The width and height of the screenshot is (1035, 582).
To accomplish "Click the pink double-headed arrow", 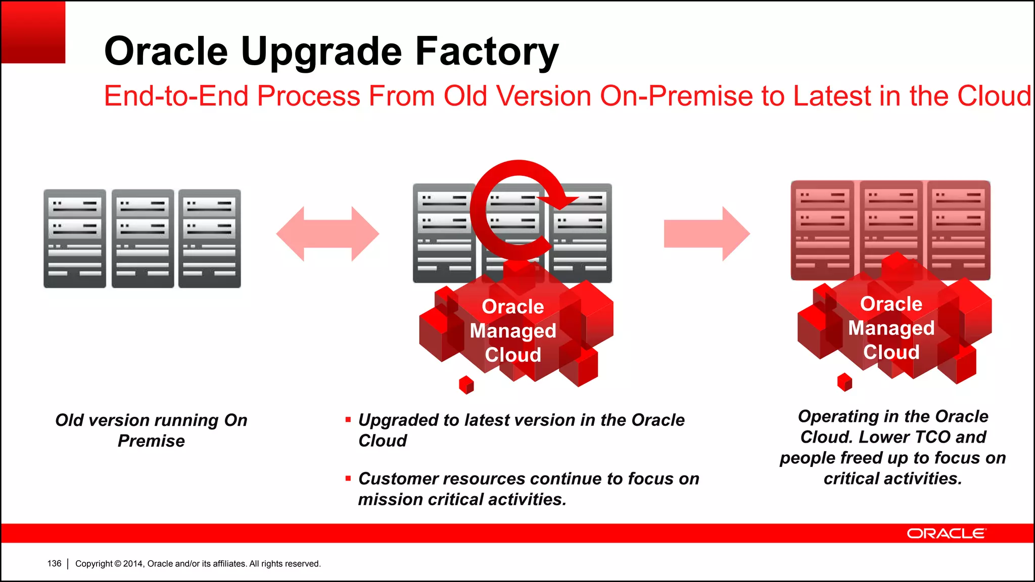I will [x=327, y=233].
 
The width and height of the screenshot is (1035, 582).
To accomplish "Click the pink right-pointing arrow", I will [x=706, y=233].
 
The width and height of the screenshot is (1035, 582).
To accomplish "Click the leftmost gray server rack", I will [x=75, y=238].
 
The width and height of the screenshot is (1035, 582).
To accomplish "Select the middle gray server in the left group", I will [x=143, y=238].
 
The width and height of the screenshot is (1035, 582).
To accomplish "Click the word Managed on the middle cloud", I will [x=512, y=331].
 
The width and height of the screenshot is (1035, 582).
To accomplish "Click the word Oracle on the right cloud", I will [x=891, y=304].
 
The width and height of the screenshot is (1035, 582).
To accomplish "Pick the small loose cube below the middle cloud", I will [x=466, y=385].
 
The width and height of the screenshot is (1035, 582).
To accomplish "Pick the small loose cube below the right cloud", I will [x=844, y=382].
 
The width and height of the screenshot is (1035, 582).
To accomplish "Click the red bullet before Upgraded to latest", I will [x=348, y=420].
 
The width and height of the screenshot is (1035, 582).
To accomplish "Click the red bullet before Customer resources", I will [x=348, y=478].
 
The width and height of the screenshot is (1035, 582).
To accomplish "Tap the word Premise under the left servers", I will [x=151, y=441].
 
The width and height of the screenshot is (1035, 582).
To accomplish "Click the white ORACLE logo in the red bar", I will [x=946, y=533].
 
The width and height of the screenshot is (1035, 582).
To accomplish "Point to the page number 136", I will [x=54, y=563].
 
